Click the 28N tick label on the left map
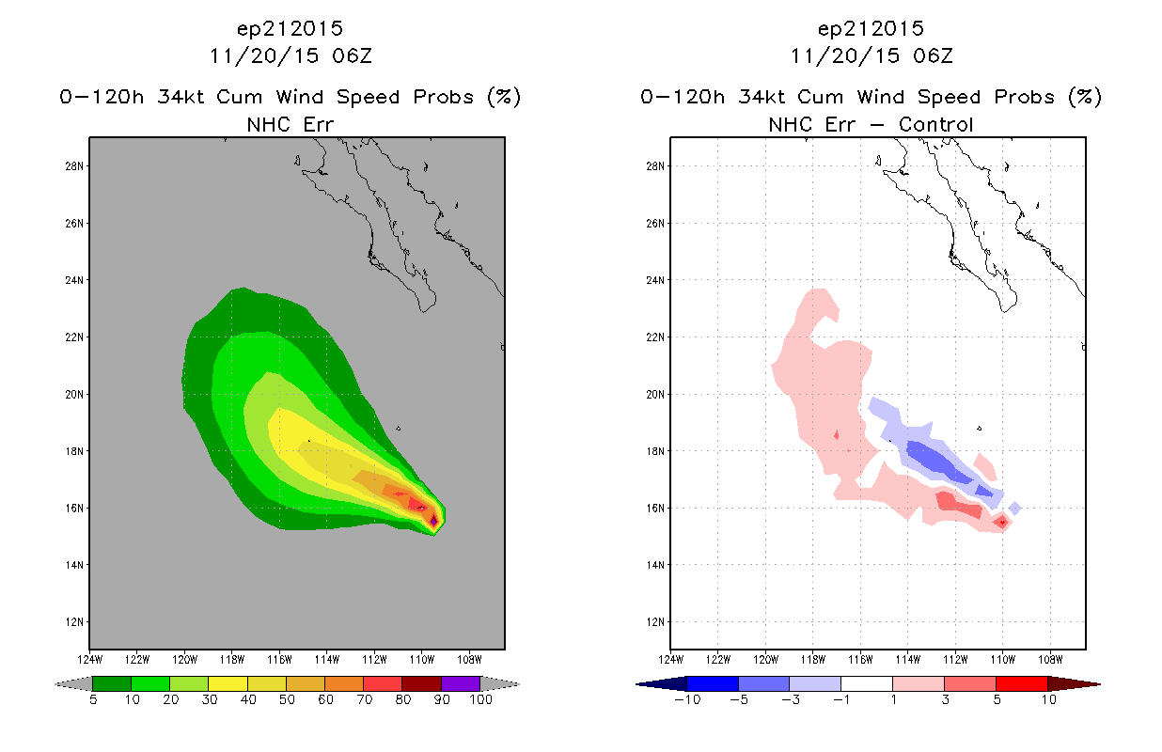click(73, 166)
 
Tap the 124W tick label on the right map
click(670, 660)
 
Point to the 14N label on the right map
click(654, 565)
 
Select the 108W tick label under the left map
click(469, 660)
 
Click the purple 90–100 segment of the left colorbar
click(461, 683)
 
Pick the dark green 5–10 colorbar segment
click(112, 683)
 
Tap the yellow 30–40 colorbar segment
click(228, 683)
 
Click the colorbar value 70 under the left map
click(365, 699)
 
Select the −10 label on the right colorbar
click(687, 699)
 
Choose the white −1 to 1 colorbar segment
click(866, 683)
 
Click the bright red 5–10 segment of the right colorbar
click(1021, 683)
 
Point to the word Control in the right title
click(935, 124)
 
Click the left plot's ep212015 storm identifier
click(290, 28)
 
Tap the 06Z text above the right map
click(933, 55)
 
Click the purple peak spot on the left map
click(433, 520)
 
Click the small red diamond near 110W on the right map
click(1002, 523)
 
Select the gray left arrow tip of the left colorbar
click(56, 684)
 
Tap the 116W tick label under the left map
click(279, 660)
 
